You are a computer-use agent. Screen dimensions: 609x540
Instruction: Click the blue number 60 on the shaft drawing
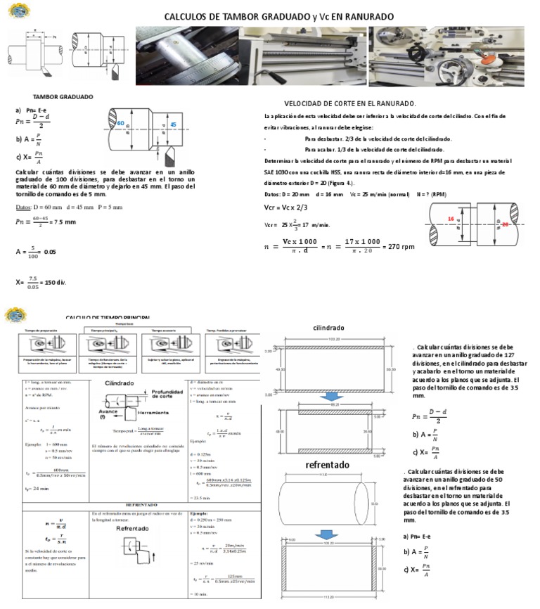[120, 124]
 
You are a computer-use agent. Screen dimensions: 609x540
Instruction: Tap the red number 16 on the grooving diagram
[450, 219]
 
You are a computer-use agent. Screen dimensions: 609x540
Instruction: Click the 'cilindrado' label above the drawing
[328, 327]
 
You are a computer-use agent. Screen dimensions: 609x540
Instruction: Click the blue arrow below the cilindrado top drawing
[329, 398]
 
